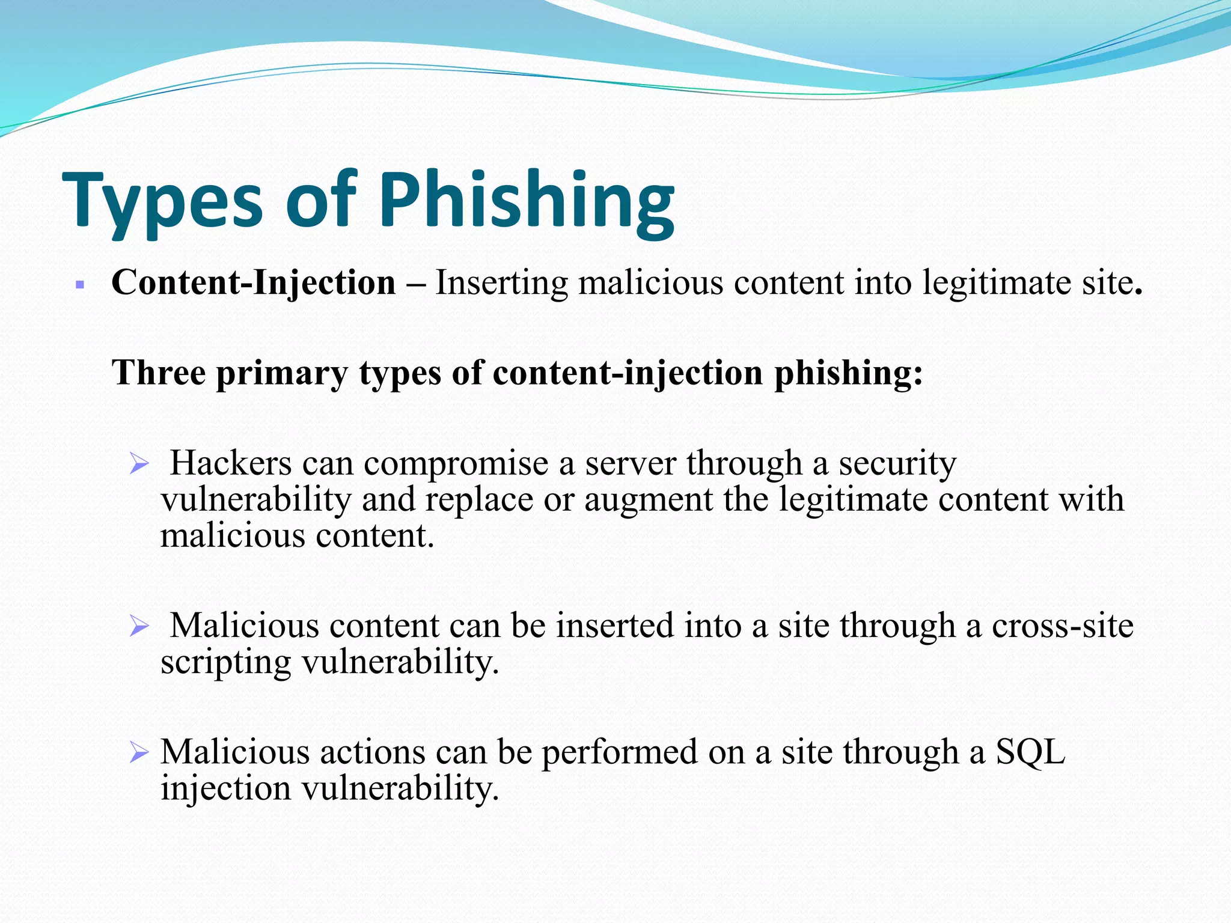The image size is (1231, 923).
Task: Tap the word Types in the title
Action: pos(162,201)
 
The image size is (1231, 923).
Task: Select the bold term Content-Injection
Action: pos(253,282)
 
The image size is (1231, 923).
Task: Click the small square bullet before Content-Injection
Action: pos(80,284)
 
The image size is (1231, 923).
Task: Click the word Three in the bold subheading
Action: pos(159,373)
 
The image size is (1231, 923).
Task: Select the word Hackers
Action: pos(231,463)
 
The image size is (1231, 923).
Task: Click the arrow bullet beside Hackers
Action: pos(139,464)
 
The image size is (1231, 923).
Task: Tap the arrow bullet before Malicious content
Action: pos(139,627)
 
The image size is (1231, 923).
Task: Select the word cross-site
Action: pos(1062,626)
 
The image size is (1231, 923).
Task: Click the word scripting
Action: pos(225,663)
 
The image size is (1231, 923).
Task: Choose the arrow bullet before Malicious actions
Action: pos(139,752)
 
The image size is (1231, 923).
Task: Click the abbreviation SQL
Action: pos(1030,752)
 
